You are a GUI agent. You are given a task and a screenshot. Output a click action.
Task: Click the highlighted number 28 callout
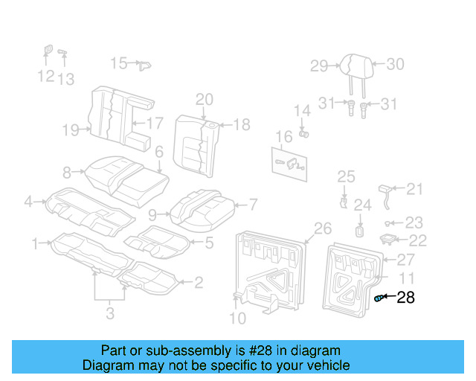(405, 298)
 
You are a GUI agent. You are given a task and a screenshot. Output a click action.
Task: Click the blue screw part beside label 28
(379, 298)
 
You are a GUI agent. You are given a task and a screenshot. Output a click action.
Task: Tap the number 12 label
(46, 76)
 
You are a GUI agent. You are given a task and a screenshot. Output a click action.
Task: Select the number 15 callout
(120, 63)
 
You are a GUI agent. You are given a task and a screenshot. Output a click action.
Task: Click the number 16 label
(283, 137)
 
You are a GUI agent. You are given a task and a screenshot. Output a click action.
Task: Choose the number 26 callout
(322, 228)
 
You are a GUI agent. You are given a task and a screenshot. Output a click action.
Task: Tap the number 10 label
(237, 319)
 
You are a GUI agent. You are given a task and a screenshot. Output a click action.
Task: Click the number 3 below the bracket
(110, 313)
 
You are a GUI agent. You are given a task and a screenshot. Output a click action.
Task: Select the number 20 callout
(204, 100)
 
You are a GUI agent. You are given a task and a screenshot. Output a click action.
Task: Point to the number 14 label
(301, 111)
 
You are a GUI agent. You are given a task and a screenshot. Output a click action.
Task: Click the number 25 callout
(347, 176)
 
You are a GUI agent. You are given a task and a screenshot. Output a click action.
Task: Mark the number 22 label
(418, 240)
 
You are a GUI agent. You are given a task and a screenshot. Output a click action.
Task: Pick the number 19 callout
(71, 131)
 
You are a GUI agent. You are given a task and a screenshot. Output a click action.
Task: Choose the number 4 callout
(28, 200)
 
